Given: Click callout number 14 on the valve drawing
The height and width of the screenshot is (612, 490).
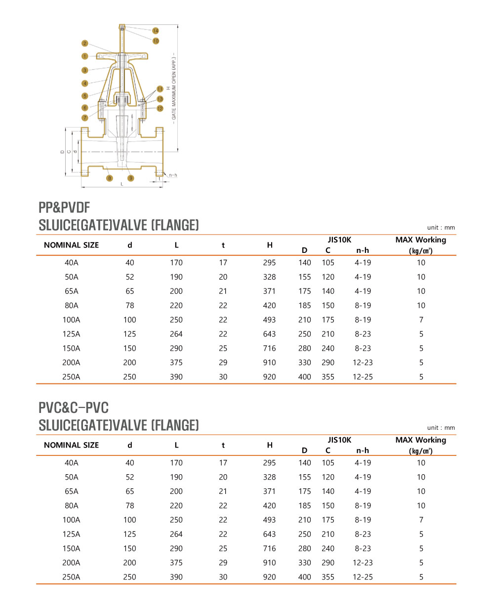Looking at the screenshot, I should tap(156, 31).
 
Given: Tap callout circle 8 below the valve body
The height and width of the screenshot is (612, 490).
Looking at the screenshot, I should tap(110, 178).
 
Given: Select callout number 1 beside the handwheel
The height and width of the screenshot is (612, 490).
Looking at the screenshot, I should tap(85, 56).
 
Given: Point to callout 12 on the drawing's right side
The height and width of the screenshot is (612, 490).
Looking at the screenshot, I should tap(160, 108).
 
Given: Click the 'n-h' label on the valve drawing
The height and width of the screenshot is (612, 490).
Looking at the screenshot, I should tap(173, 175).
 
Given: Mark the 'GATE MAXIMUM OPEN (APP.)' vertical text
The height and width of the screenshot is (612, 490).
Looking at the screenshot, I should tap(174, 87).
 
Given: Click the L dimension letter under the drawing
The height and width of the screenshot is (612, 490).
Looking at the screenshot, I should tap(122, 184).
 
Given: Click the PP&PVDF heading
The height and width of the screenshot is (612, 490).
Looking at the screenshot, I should tap(64, 207).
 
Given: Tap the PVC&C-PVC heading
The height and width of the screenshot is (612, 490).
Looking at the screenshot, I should tap(74, 408).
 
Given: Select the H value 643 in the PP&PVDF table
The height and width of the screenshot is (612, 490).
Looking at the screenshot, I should tap(269, 334).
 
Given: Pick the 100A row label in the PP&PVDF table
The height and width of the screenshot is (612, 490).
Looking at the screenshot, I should tap(71, 320).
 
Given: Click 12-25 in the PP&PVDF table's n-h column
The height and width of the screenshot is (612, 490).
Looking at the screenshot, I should tap(363, 376).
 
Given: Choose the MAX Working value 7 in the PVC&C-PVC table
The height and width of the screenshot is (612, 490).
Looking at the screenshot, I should tap(421, 520).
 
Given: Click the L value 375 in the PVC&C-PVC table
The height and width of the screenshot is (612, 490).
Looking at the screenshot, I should tap(176, 563).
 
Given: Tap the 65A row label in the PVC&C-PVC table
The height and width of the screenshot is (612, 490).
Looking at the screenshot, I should tap(71, 491).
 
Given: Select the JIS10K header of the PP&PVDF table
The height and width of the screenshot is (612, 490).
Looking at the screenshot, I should tap(339, 240).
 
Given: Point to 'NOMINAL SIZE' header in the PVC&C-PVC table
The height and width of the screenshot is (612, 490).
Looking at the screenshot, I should tap(71, 445).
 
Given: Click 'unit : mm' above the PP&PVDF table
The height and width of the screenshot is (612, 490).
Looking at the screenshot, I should tap(441, 228).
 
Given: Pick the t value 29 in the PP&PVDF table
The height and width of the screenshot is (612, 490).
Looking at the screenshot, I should tap(223, 362).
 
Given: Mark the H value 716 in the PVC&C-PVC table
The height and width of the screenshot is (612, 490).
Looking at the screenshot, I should tap(269, 548).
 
